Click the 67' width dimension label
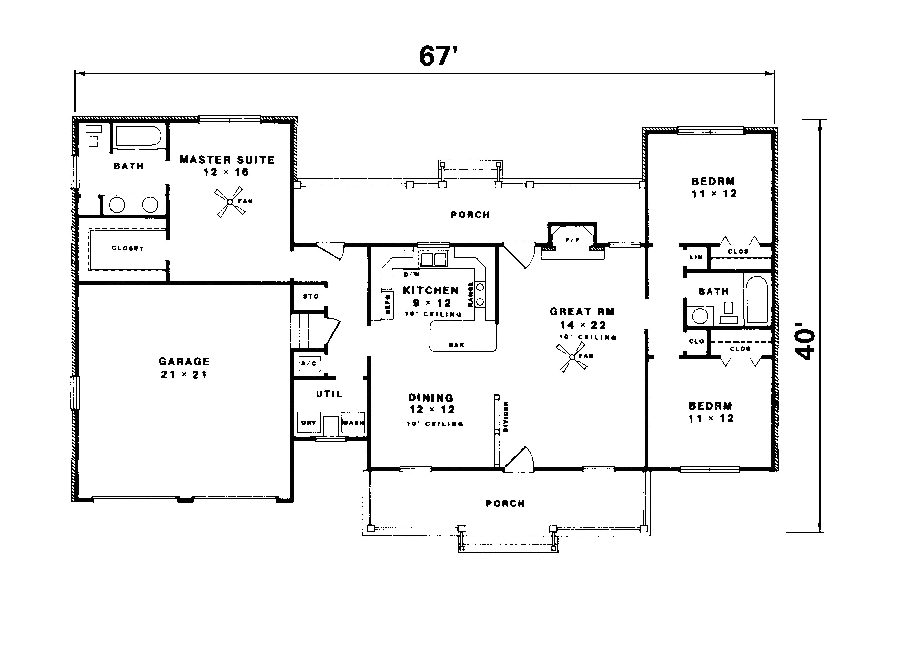tap(438, 56)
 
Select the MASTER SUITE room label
tap(227, 160)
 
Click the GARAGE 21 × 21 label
tap(184, 367)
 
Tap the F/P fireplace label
tap(572, 240)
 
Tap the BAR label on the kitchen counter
tap(456, 345)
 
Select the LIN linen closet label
tap(696, 257)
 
